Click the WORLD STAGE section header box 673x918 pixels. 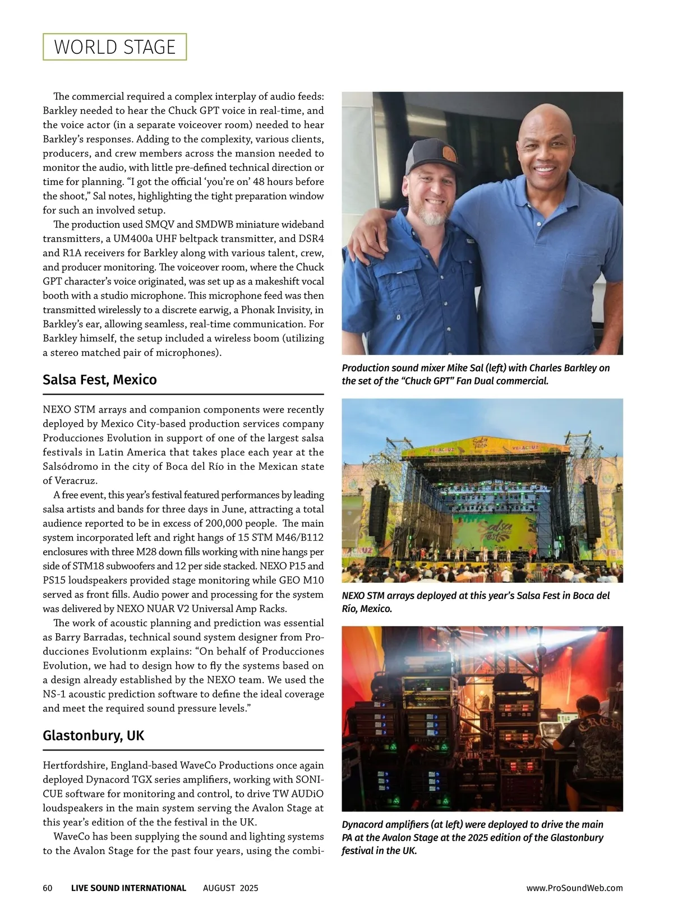pyautogui.click(x=114, y=47)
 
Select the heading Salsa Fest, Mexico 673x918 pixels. pyautogui.click(x=99, y=380)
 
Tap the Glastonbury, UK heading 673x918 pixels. pyautogui.click(x=93, y=735)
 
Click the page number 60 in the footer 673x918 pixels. pyautogui.click(x=48, y=888)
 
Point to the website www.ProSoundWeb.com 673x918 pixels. pyautogui.click(x=574, y=888)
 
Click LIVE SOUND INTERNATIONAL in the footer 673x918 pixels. pyautogui.click(x=128, y=888)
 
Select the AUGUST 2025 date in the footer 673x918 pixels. pyautogui.click(x=231, y=888)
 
